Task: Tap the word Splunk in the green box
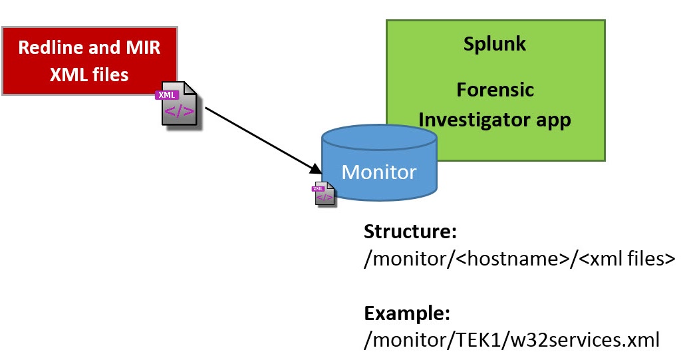tap(495, 44)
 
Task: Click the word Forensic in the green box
tap(495, 89)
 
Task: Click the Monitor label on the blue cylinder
tap(378, 172)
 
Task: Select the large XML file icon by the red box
tap(179, 104)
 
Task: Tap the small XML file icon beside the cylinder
tap(325, 193)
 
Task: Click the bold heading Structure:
tap(407, 233)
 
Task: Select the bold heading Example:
tap(407, 313)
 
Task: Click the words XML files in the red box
tap(89, 75)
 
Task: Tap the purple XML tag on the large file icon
tap(166, 95)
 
